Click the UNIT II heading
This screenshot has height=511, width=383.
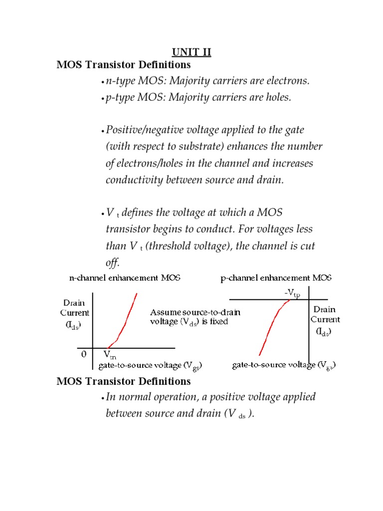tap(191, 52)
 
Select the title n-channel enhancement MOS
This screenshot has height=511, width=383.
tap(125, 278)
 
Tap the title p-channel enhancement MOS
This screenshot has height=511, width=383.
tap(276, 278)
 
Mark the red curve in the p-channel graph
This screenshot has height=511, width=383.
tap(269, 324)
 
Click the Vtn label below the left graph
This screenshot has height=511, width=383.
tap(110, 355)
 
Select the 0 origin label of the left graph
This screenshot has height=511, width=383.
tap(84, 354)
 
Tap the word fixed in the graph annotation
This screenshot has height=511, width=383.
tap(218, 322)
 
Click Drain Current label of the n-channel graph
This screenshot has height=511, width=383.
tap(75, 313)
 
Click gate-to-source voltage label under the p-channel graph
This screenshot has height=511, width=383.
tap(283, 366)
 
